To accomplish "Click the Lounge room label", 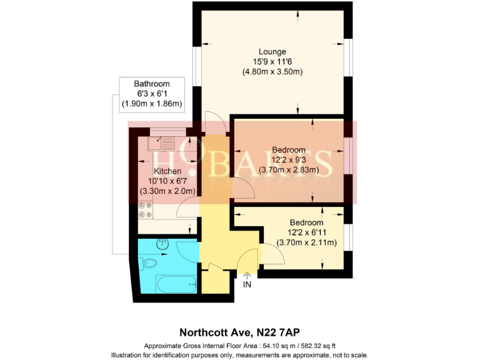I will [x=272, y=51].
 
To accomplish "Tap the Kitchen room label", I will [x=167, y=171].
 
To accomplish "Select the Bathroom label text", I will [x=151, y=84].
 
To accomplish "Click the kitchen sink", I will [x=162, y=144].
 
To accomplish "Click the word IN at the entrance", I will [x=247, y=285].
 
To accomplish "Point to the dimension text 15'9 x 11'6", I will [x=272, y=61].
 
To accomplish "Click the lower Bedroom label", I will [x=306, y=222].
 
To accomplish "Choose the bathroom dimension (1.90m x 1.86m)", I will [x=151, y=104].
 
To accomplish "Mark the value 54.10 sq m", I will [x=277, y=346].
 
